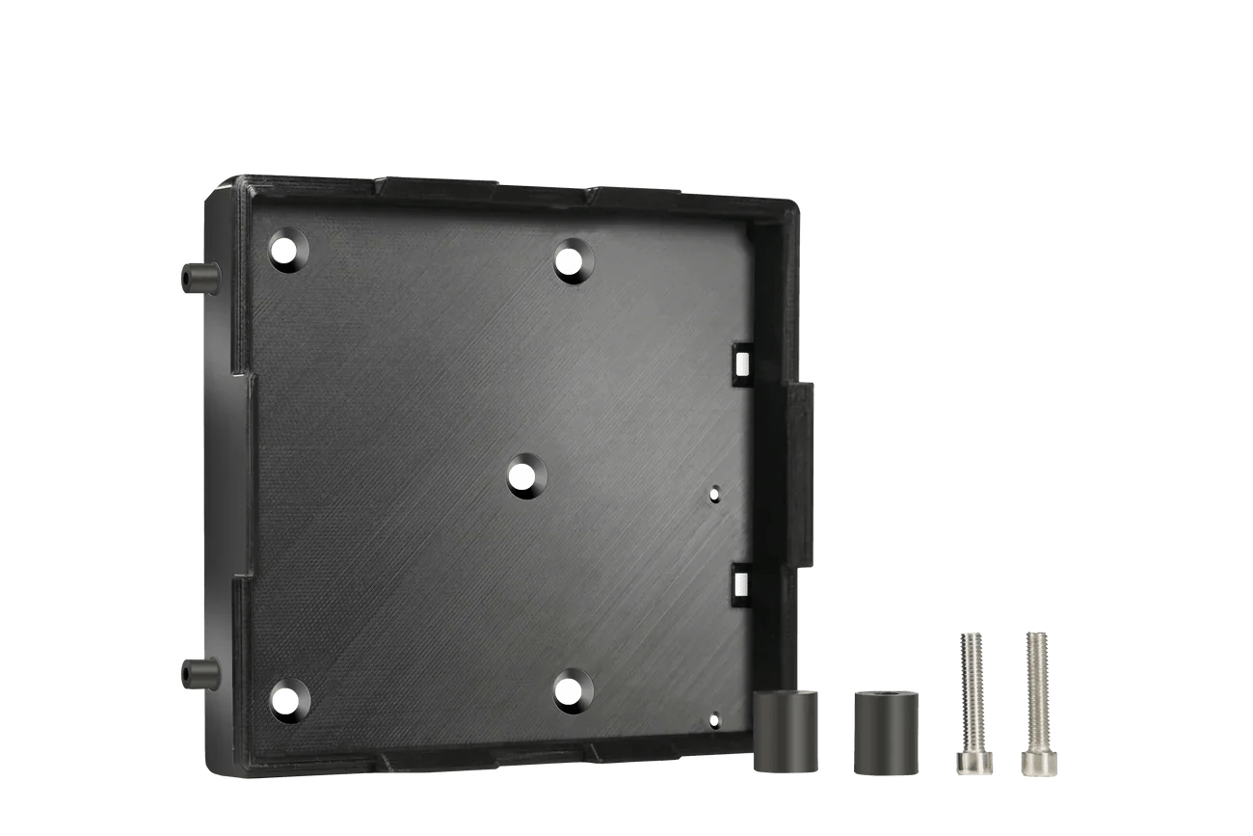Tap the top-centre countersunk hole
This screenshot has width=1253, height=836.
[573, 261]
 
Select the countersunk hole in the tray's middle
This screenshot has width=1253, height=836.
[524, 476]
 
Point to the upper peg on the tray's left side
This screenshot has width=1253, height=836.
[197, 278]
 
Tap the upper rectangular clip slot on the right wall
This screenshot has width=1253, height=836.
[741, 362]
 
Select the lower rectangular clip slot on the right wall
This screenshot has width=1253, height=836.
[741, 580]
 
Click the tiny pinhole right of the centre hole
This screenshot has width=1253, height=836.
[713, 494]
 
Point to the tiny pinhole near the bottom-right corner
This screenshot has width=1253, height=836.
[713, 718]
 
